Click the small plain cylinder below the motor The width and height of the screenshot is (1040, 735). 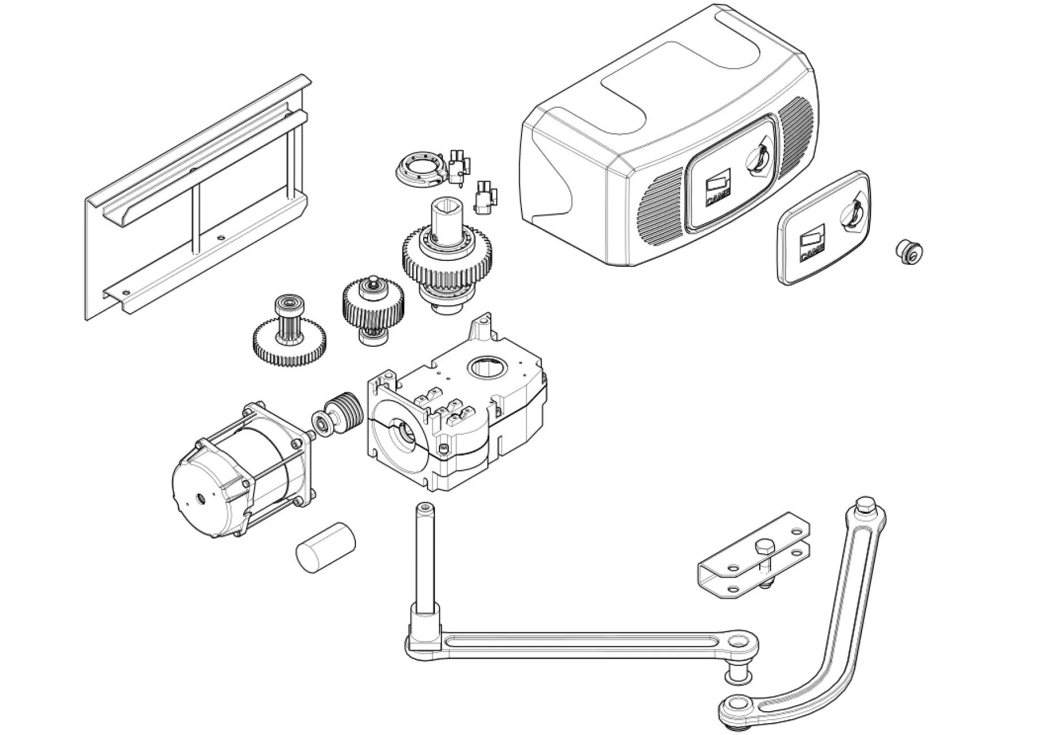point(326,548)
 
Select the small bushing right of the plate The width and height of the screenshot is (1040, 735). point(909,252)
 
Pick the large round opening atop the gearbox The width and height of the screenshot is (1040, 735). point(486,369)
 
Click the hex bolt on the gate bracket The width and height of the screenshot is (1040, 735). point(763,548)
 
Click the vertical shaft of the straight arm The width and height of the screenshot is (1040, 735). point(425,556)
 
